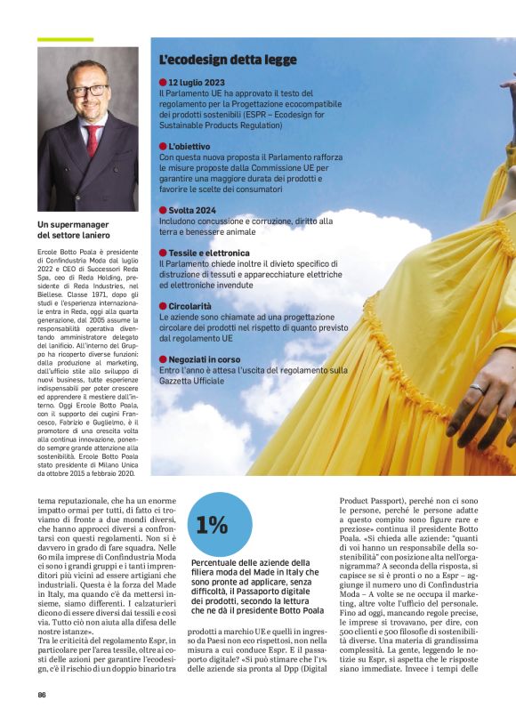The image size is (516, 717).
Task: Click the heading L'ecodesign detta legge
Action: tap(227, 60)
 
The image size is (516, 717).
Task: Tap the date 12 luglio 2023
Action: tap(197, 83)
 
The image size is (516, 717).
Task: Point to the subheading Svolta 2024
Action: tap(192, 210)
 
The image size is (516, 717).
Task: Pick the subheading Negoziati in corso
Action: tap(204, 358)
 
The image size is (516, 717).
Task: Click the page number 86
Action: tap(42, 694)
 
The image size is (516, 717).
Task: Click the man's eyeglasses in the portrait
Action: tap(89, 90)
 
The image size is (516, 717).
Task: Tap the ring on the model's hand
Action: tap(478, 388)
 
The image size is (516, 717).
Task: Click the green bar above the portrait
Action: tap(65, 39)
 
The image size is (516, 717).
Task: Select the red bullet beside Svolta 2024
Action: tap(163, 210)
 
